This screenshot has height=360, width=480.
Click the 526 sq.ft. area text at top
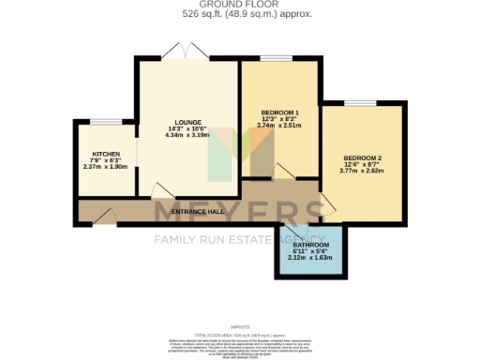tap(239, 15)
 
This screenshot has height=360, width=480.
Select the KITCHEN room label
tap(105, 153)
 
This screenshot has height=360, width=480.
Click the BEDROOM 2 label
tap(361, 157)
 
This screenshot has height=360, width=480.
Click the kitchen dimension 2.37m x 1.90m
tap(105, 168)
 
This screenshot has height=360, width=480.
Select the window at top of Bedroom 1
tap(276, 60)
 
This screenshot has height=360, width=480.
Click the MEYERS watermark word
tap(239, 211)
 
